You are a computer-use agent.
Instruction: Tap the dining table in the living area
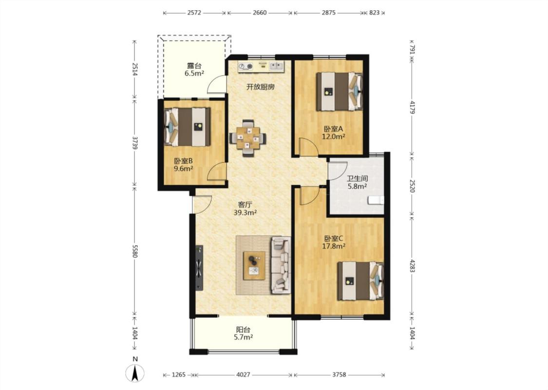[247, 138]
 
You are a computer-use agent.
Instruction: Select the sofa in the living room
[281, 265]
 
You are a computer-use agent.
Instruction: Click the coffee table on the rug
[254, 265]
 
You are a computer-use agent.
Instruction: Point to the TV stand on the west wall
[199, 268]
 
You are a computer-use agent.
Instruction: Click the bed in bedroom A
[340, 92]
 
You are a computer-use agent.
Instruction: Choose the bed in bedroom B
[188, 127]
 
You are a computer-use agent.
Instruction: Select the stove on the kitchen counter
[246, 66]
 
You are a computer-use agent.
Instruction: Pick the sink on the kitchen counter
[275, 66]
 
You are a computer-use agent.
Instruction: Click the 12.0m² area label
[333, 137]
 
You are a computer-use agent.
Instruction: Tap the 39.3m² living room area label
[245, 213]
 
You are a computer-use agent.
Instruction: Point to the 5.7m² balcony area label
[243, 337]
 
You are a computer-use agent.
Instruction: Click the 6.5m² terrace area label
[194, 73]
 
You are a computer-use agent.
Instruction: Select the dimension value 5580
[135, 251]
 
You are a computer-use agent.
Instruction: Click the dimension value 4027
[243, 374]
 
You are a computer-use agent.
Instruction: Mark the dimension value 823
[374, 13]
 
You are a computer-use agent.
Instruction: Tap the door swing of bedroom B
[216, 172]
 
